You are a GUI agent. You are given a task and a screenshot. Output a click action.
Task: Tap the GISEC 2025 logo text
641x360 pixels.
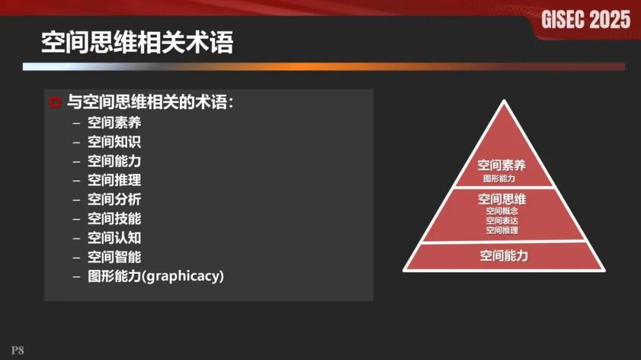click(585, 20)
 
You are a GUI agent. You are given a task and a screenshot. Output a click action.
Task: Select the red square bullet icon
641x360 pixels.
click(55, 103)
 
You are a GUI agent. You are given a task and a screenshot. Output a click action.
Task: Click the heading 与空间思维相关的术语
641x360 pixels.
click(149, 103)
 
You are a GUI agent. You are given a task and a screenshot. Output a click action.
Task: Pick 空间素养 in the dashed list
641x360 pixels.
click(115, 123)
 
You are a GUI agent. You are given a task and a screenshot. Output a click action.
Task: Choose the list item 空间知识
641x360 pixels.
click(115, 142)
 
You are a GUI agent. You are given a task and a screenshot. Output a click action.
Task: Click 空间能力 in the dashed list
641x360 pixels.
click(115, 161)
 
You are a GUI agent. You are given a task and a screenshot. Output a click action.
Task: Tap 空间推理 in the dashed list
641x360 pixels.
click(115, 180)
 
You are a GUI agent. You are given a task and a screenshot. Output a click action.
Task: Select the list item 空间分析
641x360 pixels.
click(115, 199)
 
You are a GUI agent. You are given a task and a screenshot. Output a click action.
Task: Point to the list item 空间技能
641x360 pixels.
click(115, 218)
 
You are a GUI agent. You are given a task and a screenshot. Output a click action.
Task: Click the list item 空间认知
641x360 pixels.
click(115, 238)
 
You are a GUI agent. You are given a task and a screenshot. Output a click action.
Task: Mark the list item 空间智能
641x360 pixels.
click(115, 257)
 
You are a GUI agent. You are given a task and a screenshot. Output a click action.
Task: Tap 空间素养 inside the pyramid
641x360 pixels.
click(502, 165)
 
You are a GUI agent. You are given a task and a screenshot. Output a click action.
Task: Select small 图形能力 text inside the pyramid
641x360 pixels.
click(499, 178)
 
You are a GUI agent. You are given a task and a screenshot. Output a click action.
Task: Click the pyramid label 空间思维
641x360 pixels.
click(502, 199)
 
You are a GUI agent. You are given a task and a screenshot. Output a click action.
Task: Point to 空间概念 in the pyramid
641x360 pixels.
click(502, 211)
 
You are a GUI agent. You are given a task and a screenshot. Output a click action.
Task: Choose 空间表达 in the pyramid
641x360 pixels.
click(502, 221)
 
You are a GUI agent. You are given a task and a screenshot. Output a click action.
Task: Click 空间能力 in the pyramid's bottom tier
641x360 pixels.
click(504, 256)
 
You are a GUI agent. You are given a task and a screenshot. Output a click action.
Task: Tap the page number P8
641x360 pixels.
click(17, 351)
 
